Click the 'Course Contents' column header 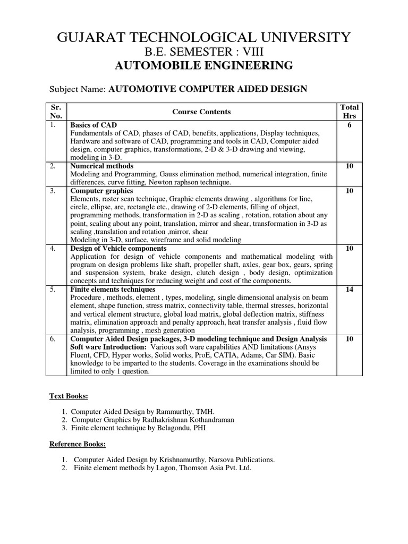[x=201, y=112]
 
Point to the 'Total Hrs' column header [x=349, y=112]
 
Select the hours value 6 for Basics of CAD [x=349, y=125]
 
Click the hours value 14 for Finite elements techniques [x=349, y=290]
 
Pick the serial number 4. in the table [x=53, y=248]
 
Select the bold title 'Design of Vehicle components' [x=118, y=248]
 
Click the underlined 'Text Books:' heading [x=69, y=396]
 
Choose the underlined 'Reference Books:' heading [x=78, y=444]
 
